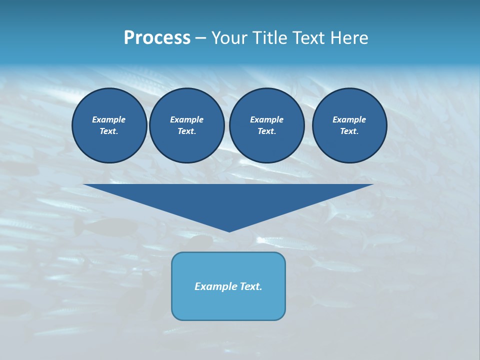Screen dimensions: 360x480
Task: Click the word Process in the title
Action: (157, 38)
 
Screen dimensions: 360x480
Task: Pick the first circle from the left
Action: (109, 125)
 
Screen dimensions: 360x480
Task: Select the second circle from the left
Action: (187, 125)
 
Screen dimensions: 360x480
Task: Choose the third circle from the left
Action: (266, 125)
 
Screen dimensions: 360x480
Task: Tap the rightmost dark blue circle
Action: (349, 125)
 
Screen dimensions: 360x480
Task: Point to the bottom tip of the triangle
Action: (229, 231)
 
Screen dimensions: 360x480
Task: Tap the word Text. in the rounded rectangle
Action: (250, 286)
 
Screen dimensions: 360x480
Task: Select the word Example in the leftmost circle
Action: (109, 119)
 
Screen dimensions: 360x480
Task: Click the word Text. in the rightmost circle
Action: (349, 131)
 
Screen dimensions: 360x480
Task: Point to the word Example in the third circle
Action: (266, 119)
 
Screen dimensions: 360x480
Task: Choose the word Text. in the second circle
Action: (186, 131)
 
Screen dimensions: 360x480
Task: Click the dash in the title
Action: (201, 38)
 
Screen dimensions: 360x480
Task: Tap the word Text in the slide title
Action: (307, 38)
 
